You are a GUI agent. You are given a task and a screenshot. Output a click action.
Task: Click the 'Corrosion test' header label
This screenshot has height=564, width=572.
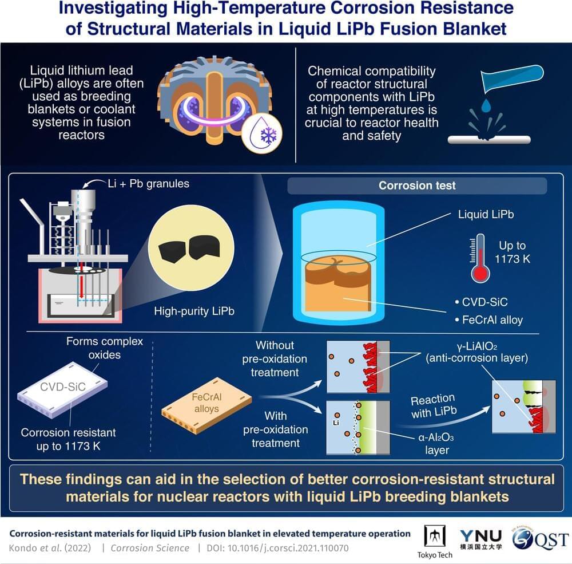[x=417, y=186]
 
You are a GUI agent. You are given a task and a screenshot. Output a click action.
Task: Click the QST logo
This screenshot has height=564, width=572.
[x=541, y=539]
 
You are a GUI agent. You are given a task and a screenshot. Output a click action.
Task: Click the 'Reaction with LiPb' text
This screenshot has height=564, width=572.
[x=432, y=405]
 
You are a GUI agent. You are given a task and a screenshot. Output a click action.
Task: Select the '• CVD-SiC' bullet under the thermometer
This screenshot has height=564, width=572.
[x=482, y=301]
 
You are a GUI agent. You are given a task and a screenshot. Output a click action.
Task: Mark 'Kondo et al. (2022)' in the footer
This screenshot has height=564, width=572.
[x=47, y=548]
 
